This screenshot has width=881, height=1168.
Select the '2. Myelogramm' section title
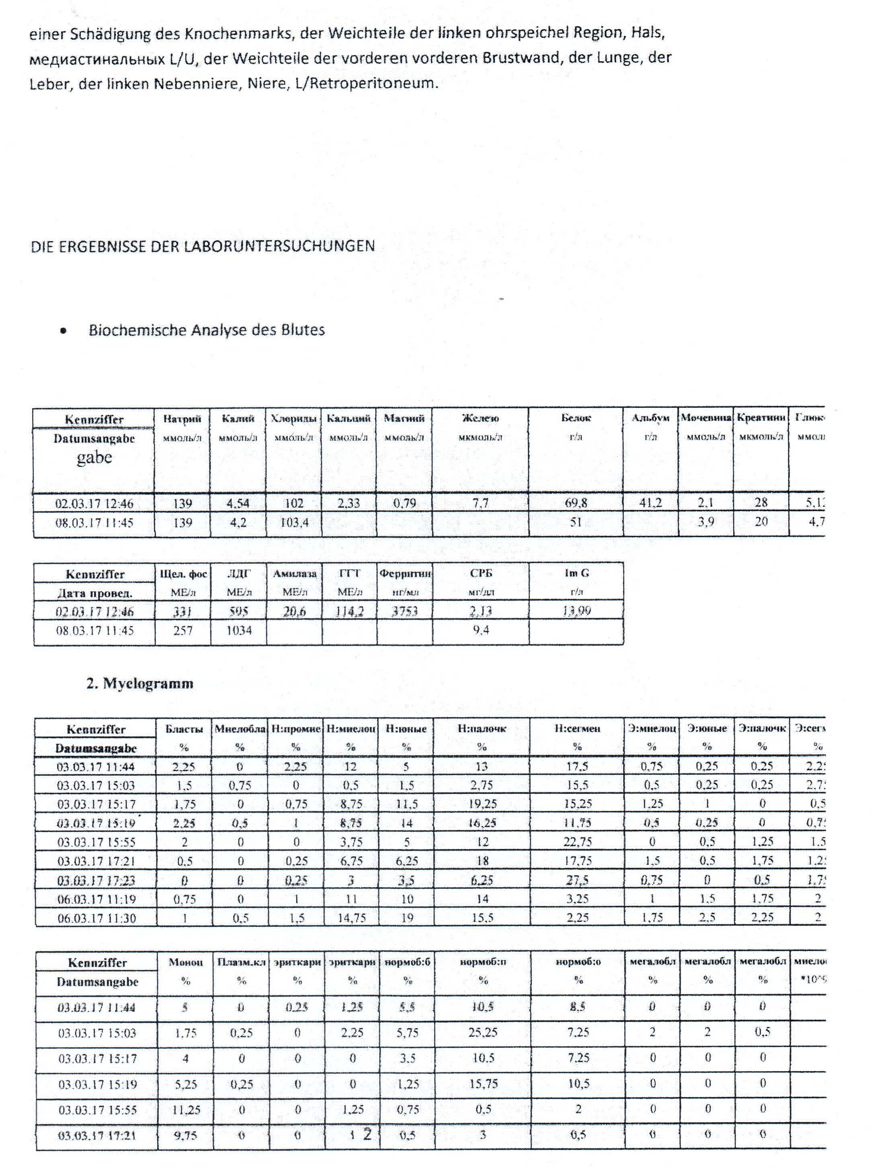point(140,683)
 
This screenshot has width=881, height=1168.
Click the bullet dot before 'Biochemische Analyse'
point(64,331)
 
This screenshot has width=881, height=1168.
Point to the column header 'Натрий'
point(182,419)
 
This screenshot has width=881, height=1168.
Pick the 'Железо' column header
point(480,418)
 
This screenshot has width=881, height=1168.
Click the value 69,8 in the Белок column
point(576,503)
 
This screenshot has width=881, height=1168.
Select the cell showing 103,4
point(294,523)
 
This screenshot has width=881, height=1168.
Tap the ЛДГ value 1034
point(239,630)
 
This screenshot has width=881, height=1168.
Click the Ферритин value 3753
point(404,612)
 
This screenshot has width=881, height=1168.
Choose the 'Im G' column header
point(576,573)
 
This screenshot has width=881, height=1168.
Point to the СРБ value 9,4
point(480,630)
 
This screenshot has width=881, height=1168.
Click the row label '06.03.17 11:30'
point(96,918)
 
